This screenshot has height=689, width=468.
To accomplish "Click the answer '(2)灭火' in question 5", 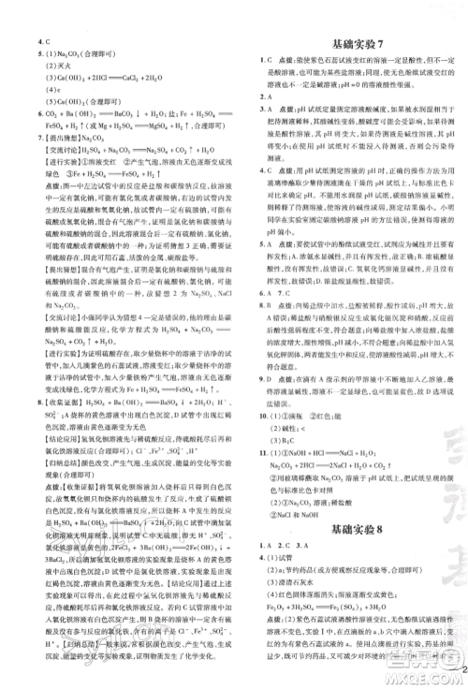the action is (58, 67).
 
